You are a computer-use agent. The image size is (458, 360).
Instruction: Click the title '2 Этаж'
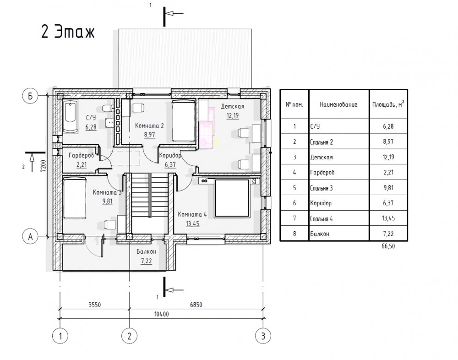[x=68, y=32]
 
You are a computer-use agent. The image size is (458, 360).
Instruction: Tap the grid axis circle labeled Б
[x=30, y=96]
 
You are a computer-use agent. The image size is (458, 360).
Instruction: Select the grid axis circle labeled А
[x=30, y=237]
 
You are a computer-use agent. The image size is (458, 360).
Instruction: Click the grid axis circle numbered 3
[x=263, y=336]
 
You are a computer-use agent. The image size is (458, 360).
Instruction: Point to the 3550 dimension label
[x=95, y=305]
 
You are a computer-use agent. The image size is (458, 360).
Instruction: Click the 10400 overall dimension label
[x=162, y=314]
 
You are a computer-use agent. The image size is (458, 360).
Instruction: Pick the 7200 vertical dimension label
[x=43, y=167]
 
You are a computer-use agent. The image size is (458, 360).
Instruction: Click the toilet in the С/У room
[x=108, y=109]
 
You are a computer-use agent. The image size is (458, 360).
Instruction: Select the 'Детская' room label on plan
[x=233, y=106]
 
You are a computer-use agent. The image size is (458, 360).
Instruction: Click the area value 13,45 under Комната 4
[x=192, y=224]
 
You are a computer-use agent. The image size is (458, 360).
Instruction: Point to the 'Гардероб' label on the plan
[x=81, y=155]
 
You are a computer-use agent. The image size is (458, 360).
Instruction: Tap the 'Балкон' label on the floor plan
[x=147, y=251]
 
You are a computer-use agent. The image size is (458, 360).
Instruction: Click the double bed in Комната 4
[x=232, y=198]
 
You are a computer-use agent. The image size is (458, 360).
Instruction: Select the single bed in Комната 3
[x=75, y=198]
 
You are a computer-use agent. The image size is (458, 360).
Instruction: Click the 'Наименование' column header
[x=338, y=104]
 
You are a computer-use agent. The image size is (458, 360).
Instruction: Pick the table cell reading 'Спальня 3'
[x=322, y=188]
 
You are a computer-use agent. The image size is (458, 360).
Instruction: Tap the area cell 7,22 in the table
[x=388, y=234]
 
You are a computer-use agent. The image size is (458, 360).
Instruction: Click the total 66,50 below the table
[x=388, y=246]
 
